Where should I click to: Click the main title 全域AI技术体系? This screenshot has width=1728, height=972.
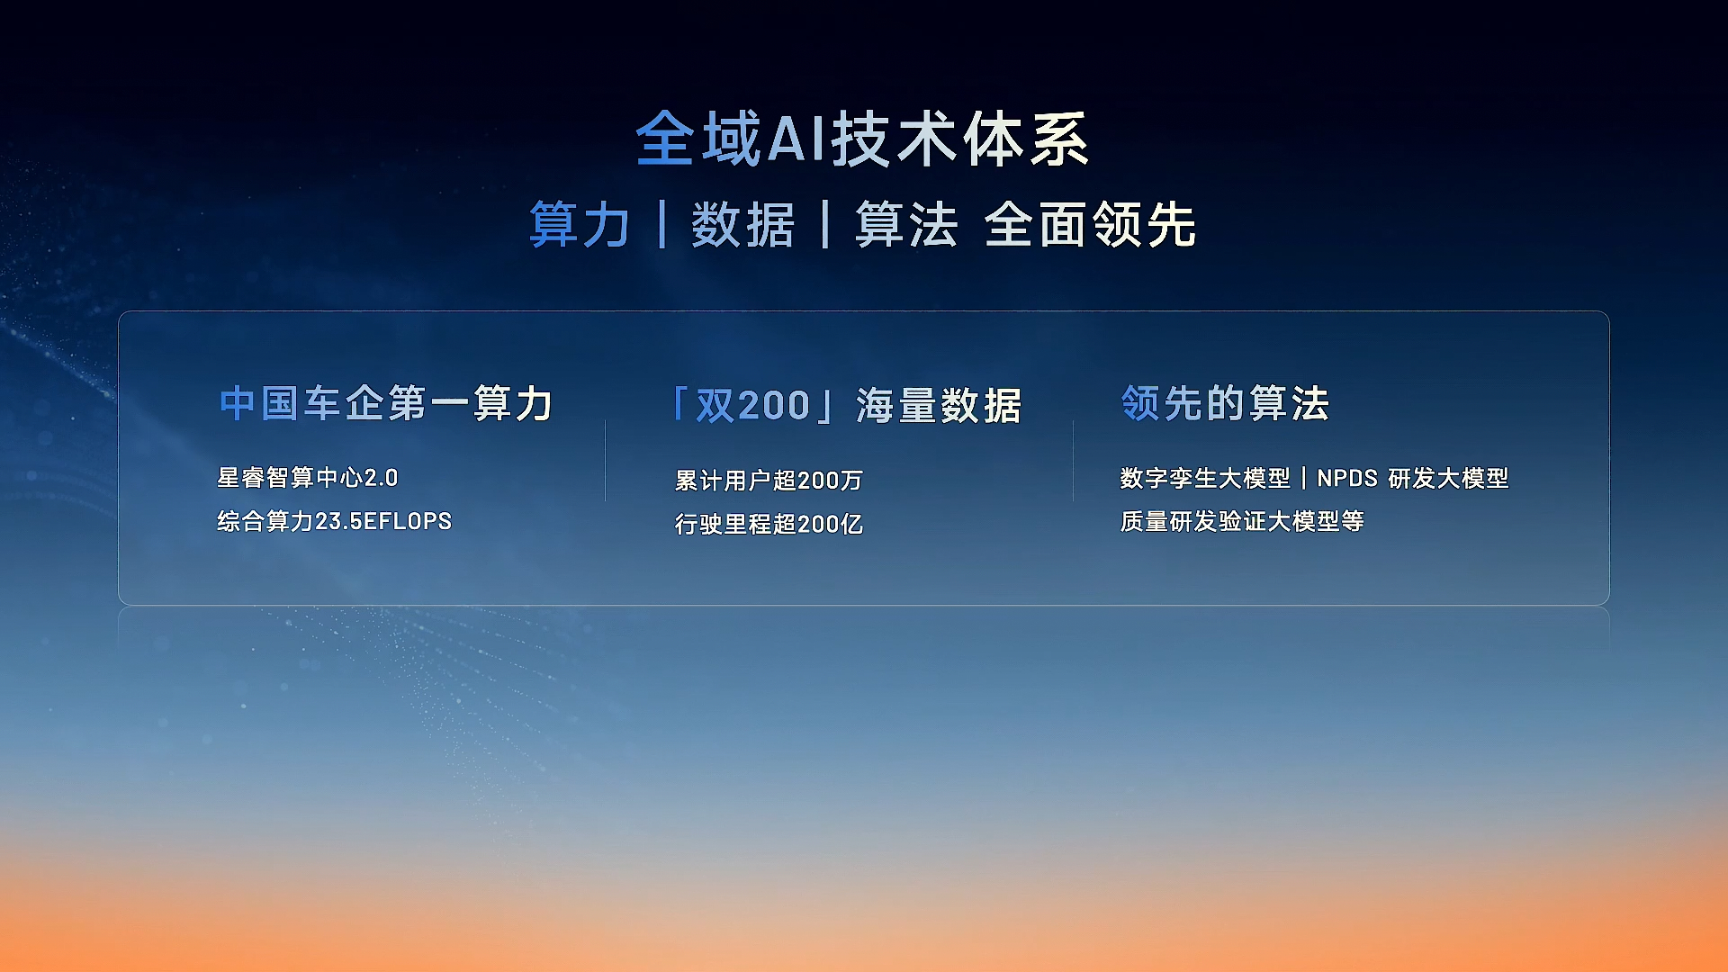[x=862, y=139]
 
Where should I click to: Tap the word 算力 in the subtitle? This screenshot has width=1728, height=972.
[x=580, y=224]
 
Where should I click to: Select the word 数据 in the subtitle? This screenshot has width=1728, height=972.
[x=743, y=224]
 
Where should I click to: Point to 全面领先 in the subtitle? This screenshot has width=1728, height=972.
[x=1090, y=224]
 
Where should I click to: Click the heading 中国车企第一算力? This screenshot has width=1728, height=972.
[x=386, y=403]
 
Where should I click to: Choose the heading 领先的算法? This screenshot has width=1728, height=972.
[x=1225, y=403]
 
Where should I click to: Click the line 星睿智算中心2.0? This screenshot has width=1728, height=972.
[x=308, y=478]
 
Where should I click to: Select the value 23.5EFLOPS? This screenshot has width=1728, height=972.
[x=383, y=521]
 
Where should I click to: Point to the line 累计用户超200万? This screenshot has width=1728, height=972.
[x=769, y=481]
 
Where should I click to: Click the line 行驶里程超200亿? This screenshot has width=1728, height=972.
[x=769, y=524]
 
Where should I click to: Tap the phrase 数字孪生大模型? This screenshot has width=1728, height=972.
[x=1205, y=478]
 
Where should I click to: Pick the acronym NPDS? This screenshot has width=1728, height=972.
[x=1347, y=478]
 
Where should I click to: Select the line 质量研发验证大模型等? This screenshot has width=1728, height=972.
[x=1242, y=521]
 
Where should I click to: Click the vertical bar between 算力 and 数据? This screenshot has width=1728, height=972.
[x=662, y=224]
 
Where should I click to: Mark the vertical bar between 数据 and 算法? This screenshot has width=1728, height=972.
[x=825, y=224]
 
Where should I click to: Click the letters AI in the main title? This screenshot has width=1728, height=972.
[x=797, y=139]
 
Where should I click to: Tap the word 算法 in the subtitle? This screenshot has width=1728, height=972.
[x=906, y=224]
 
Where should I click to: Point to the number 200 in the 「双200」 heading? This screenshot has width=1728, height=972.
[x=774, y=406]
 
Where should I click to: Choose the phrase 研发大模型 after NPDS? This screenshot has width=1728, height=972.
[x=1448, y=478]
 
